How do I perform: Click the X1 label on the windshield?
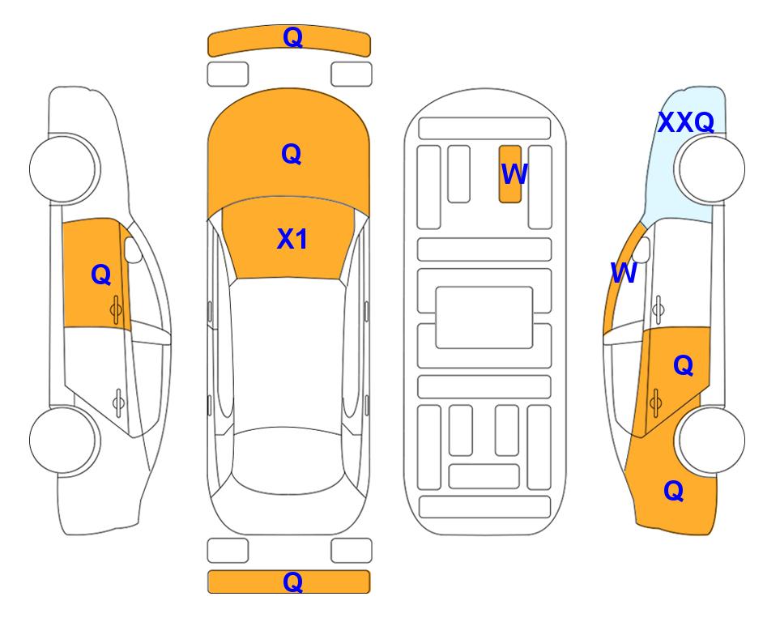pyautogui.click(x=292, y=239)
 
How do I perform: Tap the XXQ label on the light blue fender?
pyautogui.click(x=686, y=122)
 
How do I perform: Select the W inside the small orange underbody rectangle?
pyautogui.click(x=514, y=173)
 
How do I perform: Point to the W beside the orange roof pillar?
pyautogui.click(x=624, y=273)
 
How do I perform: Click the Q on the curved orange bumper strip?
pyautogui.click(x=292, y=37)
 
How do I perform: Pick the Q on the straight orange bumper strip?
pyautogui.click(x=292, y=582)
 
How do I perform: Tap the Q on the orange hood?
pyautogui.click(x=292, y=154)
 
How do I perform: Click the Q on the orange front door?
pyautogui.click(x=101, y=275)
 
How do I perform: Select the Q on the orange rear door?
pyautogui.click(x=684, y=366)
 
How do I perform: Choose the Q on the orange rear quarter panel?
pyautogui.click(x=674, y=491)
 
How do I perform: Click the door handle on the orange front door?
pyautogui.click(x=116, y=310)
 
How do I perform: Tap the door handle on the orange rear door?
pyautogui.click(x=655, y=403)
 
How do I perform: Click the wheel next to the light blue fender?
pyautogui.click(x=710, y=169)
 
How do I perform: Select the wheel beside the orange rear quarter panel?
pyautogui.click(x=710, y=440)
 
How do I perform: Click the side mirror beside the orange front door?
pyautogui.click(x=133, y=249)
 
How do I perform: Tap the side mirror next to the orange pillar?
pyautogui.click(x=641, y=249)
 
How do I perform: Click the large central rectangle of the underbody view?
pyautogui.click(x=484, y=317)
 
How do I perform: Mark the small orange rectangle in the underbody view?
pyautogui.click(x=510, y=174)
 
